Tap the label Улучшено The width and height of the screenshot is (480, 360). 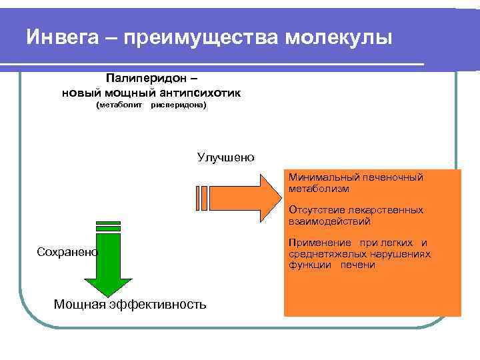pos(225,157)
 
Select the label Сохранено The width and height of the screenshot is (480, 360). pos(67,251)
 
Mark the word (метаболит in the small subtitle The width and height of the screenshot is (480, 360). pos(119,105)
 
